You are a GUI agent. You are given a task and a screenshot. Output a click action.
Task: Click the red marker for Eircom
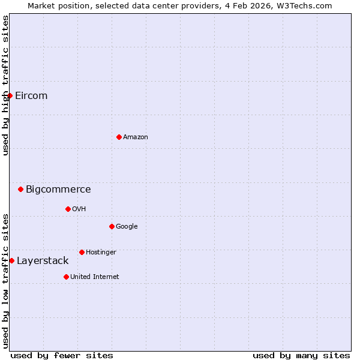[x=10, y=95]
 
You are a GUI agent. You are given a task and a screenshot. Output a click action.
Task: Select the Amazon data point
[x=119, y=137]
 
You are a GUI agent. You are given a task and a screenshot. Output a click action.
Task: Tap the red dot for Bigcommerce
[x=20, y=189]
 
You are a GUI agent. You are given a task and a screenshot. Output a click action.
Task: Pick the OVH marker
[x=68, y=209]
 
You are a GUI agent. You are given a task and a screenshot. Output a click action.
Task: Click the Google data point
[x=112, y=226]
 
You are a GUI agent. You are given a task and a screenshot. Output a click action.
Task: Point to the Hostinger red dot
[x=82, y=252]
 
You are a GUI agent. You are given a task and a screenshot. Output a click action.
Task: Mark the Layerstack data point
[x=11, y=260]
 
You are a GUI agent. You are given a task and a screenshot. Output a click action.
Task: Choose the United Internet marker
[x=66, y=277]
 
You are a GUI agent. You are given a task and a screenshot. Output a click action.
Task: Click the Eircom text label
[x=31, y=96]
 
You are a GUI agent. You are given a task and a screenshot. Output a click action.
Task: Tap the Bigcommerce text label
[x=58, y=190]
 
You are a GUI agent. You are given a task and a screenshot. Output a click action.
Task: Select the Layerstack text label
[x=43, y=261]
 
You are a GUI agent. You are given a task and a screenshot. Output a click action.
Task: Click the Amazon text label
[x=136, y=137]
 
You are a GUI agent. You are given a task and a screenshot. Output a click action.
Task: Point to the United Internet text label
[x=95, y=277]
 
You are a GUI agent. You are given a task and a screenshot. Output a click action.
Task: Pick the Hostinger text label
[x=101, y=253]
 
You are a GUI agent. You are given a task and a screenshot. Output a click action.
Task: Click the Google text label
[x=127, y=227]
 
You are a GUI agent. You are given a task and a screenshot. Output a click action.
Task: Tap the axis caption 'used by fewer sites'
[x=62, y=355]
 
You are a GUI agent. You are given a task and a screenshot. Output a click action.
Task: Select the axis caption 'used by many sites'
[x=301, y=355]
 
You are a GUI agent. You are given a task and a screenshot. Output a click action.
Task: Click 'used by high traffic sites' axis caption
[x=5, y=85]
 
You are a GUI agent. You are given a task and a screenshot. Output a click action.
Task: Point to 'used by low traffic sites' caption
[x=5, y=281]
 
